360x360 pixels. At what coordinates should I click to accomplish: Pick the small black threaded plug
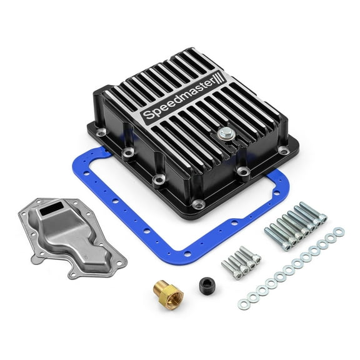207,285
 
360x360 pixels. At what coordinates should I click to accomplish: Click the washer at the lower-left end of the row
243,304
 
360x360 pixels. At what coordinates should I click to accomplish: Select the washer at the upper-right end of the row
339,232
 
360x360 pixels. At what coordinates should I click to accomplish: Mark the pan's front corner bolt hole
198,203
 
